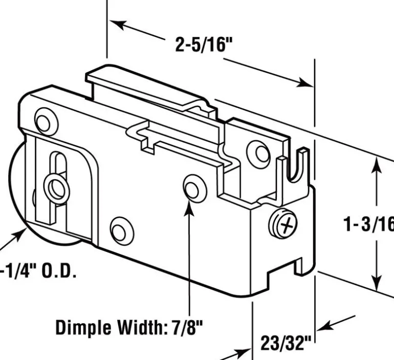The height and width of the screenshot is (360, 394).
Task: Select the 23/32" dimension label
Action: click(x=286, y=343)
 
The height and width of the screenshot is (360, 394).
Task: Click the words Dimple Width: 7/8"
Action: click(x=129, y=327)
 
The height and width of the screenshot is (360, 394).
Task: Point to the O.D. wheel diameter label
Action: click(x=38, y=270)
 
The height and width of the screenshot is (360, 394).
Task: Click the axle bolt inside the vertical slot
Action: click(x=56, y=188)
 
